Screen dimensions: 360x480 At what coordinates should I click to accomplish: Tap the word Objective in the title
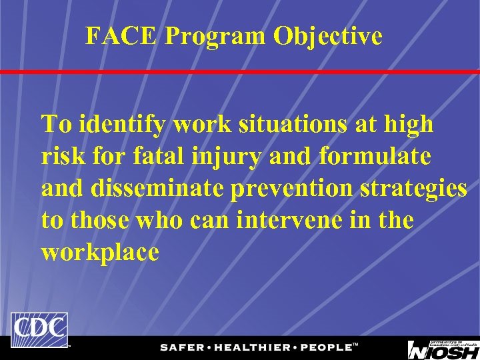pos(327,36)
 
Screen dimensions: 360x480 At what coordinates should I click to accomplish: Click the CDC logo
pos(39,329)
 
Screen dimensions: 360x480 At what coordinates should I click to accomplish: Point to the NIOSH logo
pos(443,349)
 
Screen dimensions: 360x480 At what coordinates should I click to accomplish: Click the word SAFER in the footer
pos(182,347)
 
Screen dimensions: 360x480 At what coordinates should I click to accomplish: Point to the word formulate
pos(375,157)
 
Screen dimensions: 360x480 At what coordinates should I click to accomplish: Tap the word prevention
pos(293,189)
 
